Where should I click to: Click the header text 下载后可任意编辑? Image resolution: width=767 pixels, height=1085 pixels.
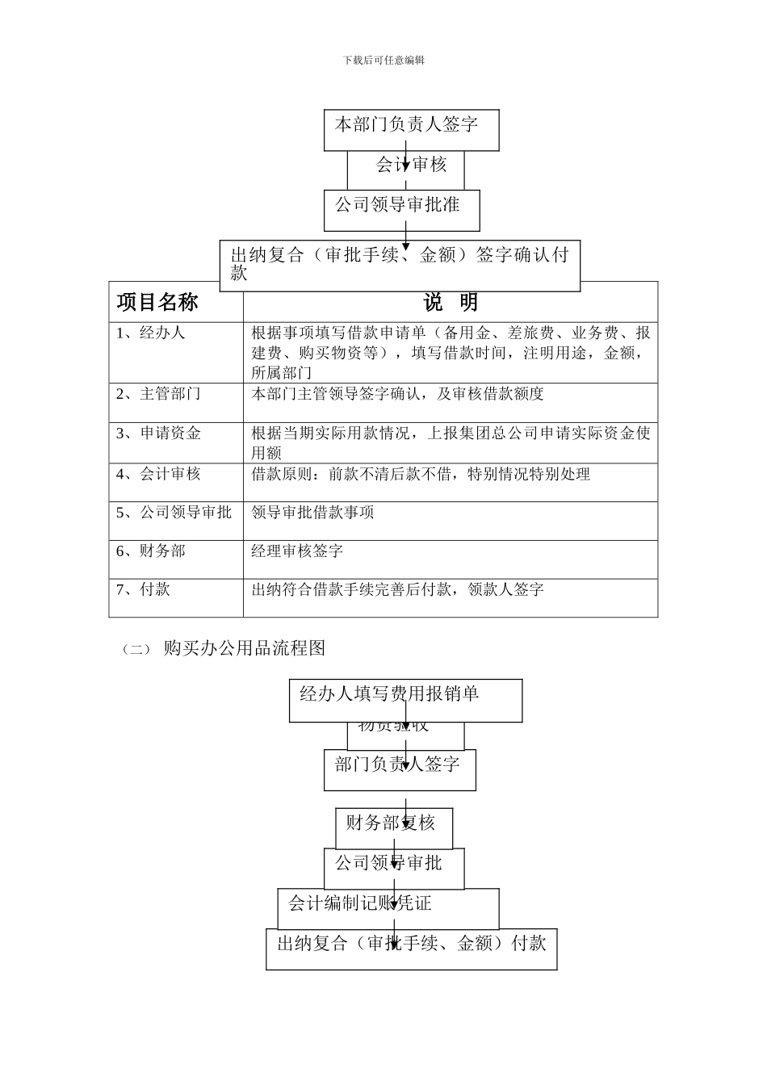point(383,60)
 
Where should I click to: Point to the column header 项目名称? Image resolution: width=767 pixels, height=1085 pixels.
point(157,303)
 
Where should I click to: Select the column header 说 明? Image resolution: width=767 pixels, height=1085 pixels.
point(451,303)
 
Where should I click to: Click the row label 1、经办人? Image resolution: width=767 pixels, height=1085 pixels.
point(151,333)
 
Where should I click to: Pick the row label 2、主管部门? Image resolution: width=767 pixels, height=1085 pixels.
point(158,394)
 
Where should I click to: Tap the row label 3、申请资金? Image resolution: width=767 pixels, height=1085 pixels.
point(158,434)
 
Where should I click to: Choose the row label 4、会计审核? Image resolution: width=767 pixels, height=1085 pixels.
point(158,474)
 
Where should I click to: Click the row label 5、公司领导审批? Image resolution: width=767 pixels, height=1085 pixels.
point(174,513)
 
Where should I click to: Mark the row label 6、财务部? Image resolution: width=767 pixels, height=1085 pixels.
point(151,551)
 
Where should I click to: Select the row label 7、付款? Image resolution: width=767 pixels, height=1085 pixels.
point(143,590)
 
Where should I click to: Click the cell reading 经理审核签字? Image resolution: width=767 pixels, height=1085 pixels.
point(297,551)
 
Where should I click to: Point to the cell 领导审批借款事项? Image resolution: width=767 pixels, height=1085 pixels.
point(312,513)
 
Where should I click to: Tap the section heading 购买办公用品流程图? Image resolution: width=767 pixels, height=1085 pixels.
point(244,648)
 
